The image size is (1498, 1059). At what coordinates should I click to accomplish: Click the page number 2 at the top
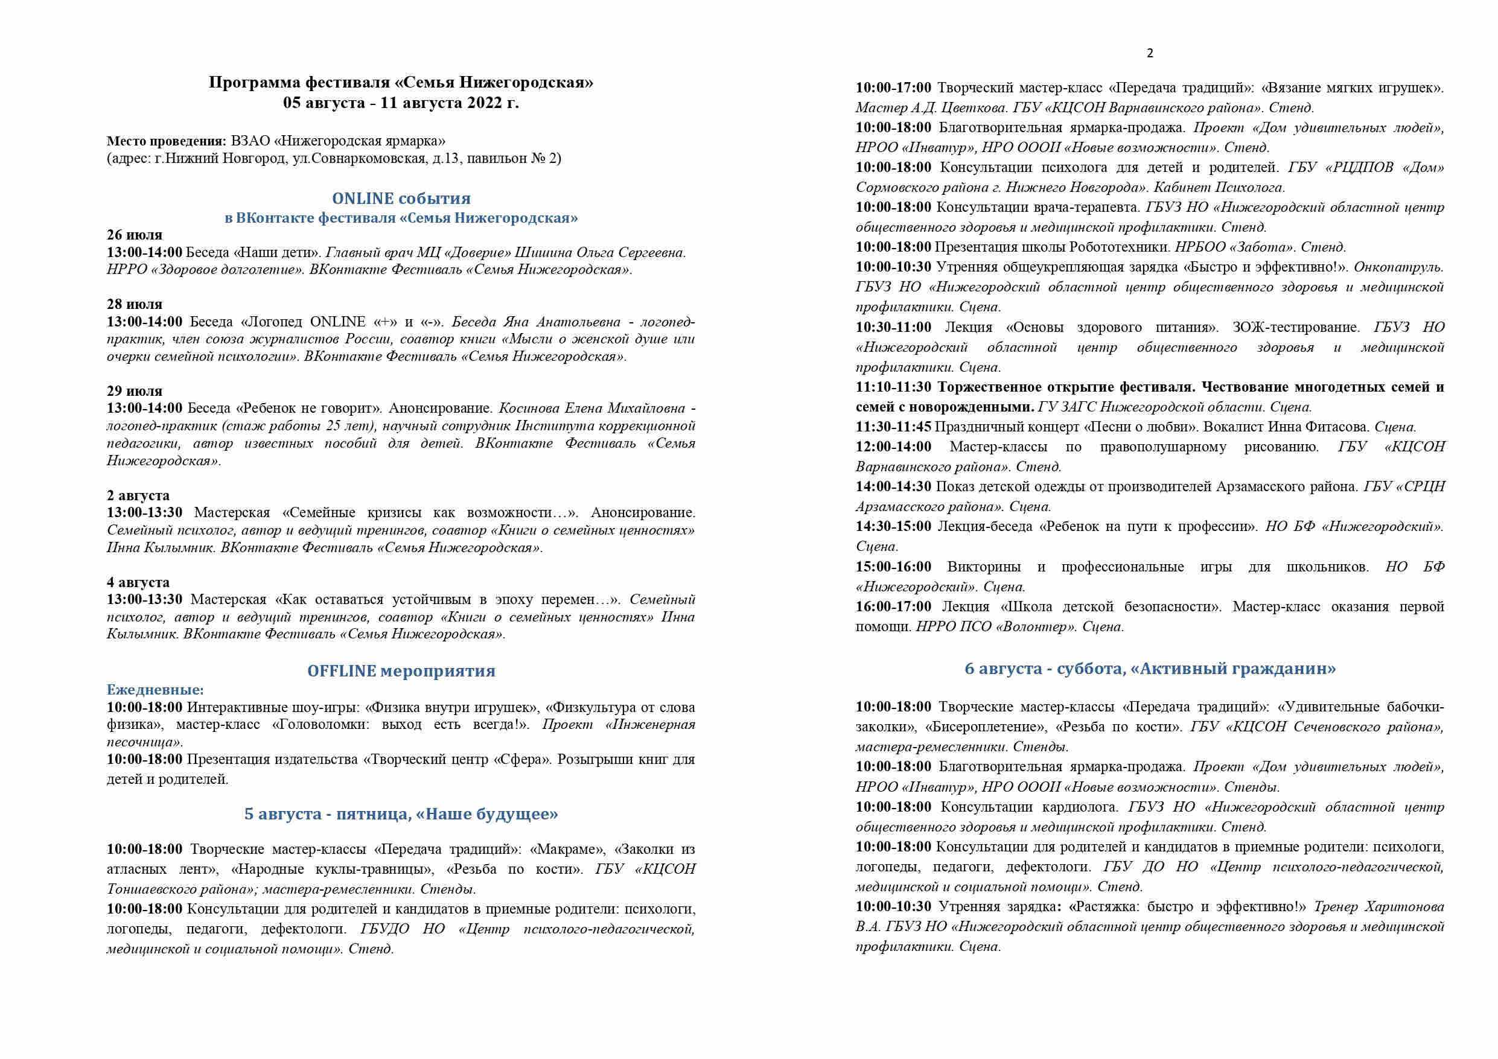(1150, 54)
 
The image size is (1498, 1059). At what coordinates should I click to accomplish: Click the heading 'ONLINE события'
(401, 199)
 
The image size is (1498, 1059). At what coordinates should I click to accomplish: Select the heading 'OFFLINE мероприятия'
(401, 671)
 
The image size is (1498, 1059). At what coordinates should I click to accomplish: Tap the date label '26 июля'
(135, 235)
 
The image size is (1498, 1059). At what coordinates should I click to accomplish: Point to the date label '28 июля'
(135, 304)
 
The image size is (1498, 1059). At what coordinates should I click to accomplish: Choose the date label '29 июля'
(135, 391)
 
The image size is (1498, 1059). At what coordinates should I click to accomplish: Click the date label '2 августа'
(138, 495)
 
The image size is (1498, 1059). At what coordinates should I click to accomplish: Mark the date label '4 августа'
(138, 582)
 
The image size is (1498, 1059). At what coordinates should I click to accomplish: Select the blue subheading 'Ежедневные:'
(155, 690)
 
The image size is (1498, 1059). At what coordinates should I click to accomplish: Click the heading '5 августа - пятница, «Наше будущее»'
(401, 815)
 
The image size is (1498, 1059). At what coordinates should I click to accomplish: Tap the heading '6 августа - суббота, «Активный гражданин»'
(1150, 669)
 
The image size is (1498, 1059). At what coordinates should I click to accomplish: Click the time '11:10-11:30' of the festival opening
(893, 387)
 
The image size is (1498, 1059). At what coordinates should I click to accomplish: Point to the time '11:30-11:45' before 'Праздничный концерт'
(893, 427)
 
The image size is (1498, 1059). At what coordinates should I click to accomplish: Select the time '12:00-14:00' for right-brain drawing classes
(893, 447)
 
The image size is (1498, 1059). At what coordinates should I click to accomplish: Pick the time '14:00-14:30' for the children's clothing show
(893, 487)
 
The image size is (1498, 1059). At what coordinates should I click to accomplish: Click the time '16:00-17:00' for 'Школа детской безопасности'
(893, 607)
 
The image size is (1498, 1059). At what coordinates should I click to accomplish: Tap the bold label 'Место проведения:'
(167, 141)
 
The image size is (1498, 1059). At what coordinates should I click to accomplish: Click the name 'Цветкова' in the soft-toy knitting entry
(964, 107)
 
